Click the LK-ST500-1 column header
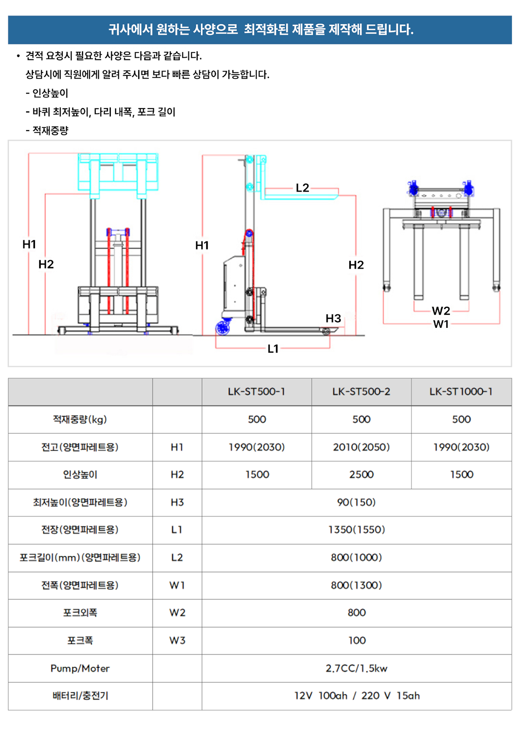[257, 392]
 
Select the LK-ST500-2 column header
[361, 392]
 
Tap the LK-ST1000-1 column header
[461, 392]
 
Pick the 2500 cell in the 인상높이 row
[361, 474]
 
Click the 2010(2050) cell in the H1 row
[361, 447]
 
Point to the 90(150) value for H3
[356, 502]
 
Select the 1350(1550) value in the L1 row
[356, 529]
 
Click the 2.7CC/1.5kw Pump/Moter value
[356, 668]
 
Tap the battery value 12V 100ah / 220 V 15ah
[356, 696]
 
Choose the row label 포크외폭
[80, 613]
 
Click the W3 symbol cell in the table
[177, 640]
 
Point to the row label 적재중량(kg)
[80, 419]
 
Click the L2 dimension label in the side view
[302, 188]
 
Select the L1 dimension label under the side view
[273, 349]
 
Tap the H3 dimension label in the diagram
[333, 318]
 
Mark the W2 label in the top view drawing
[441, 310]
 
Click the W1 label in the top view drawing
[441, 324]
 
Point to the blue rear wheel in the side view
[223, 328]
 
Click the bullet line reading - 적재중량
[47, 131]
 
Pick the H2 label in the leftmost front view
[46, 264]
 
